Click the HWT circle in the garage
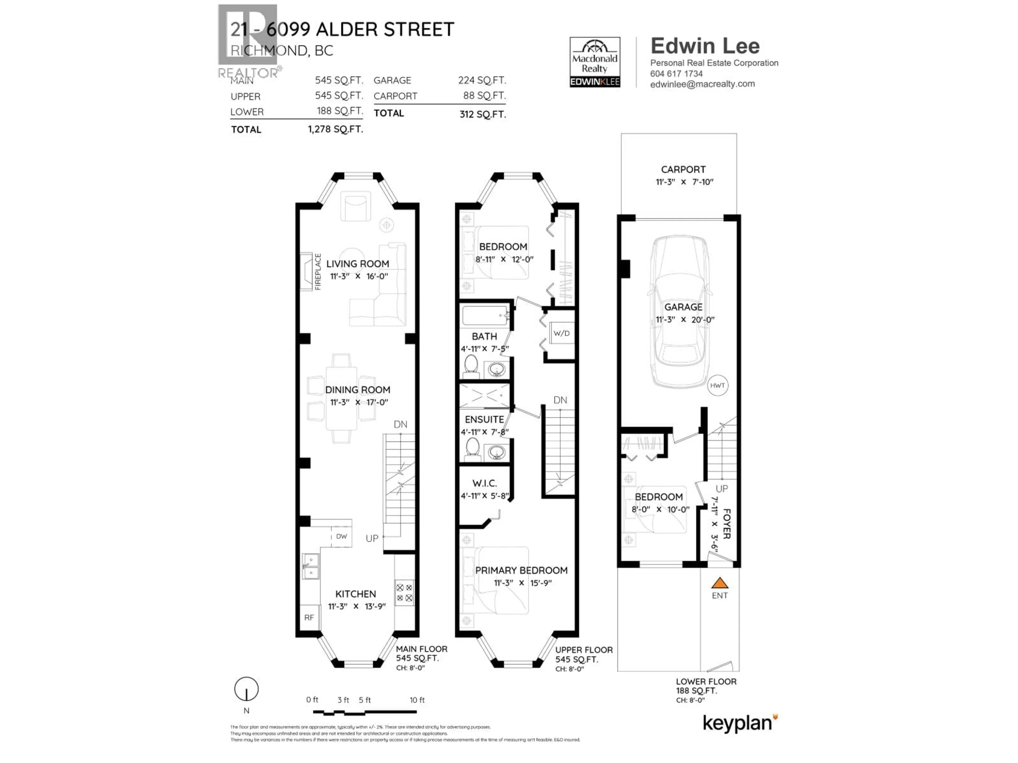717,385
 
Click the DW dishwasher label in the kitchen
341,536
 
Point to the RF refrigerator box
309,617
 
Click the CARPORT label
683,169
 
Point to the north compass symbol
246,689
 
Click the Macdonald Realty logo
595,62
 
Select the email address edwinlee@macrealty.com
702,84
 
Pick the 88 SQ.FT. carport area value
484,96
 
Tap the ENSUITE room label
484,419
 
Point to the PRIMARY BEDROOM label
521,570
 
